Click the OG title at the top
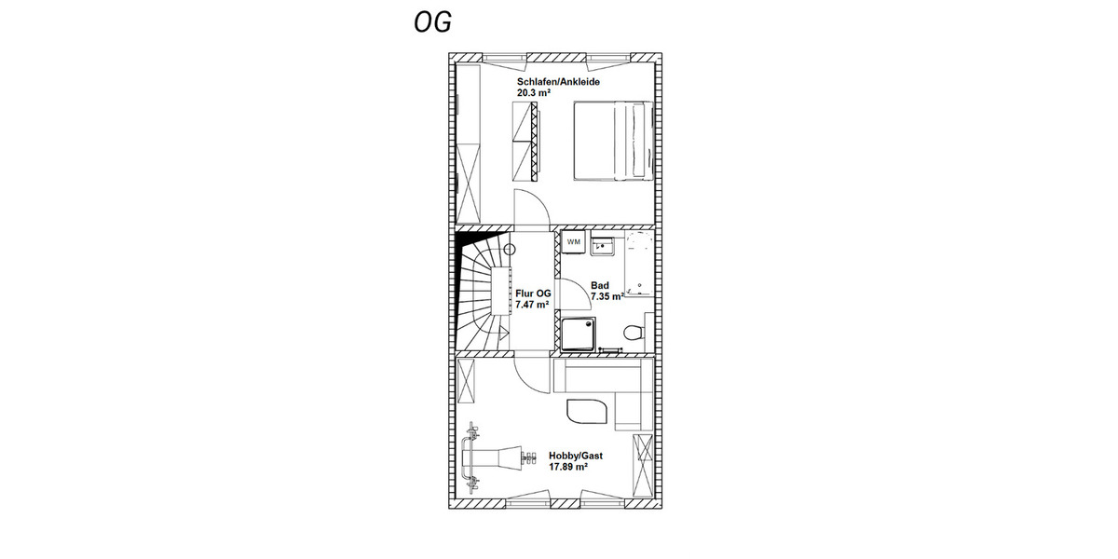433,22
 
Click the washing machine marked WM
574,242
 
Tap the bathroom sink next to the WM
603,246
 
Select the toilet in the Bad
634,332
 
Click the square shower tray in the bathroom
578,333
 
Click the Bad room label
600,286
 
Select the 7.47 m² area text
532,305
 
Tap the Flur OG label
532,293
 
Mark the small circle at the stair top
510,249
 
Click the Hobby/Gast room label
576,455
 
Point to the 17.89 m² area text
568,467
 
